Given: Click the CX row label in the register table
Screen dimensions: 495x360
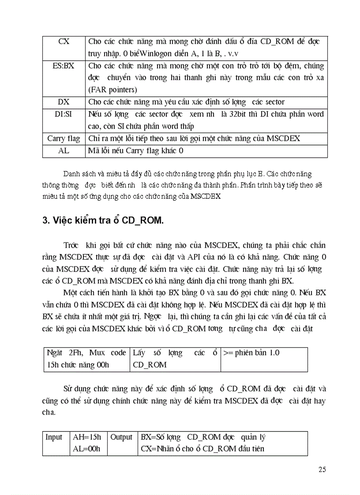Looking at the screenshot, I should coord(64,41).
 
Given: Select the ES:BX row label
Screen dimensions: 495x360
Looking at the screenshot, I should coord(64,66).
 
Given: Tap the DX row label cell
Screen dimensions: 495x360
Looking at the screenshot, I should coord(64,102).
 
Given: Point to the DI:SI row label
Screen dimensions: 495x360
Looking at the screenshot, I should coord(64,114).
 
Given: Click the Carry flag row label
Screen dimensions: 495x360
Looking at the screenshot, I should coord(64,138).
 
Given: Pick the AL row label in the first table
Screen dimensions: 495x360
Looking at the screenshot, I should coord(64,151).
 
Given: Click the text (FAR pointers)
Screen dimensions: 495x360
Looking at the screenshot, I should coord(112,90).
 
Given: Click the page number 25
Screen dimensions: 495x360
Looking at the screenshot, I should coord(322,469).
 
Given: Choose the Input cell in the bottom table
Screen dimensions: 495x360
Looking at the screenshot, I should coord(54,437).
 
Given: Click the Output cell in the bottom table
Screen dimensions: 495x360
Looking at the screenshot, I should coord(121,437).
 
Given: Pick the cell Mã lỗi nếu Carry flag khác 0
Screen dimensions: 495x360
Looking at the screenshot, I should coord(135,151).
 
